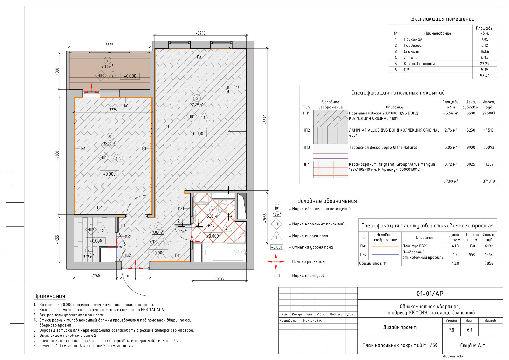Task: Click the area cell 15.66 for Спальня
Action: pos(485,52)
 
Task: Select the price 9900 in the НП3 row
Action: pos(471,147)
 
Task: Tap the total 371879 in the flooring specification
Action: pos(489,181)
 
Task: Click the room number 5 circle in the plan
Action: pos(197,98)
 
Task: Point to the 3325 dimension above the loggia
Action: pos(109,45)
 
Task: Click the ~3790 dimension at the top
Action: pos(201,33)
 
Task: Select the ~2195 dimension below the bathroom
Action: pos(220,278)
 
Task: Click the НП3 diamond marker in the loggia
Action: pos(101,76)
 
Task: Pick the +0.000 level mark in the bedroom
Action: pos(109,174)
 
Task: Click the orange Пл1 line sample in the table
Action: pos(385,246)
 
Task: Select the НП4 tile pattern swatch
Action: pos(331,170)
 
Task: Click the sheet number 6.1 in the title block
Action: pos(470,330)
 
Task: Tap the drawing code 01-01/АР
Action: pos(430,294)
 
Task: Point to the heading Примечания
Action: pos(50,296)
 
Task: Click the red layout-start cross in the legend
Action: pos(276,262)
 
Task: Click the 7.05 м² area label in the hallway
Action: pos(158,232)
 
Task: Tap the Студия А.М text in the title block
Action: pos(473,345)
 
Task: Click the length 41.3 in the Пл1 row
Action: pos(455,246)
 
